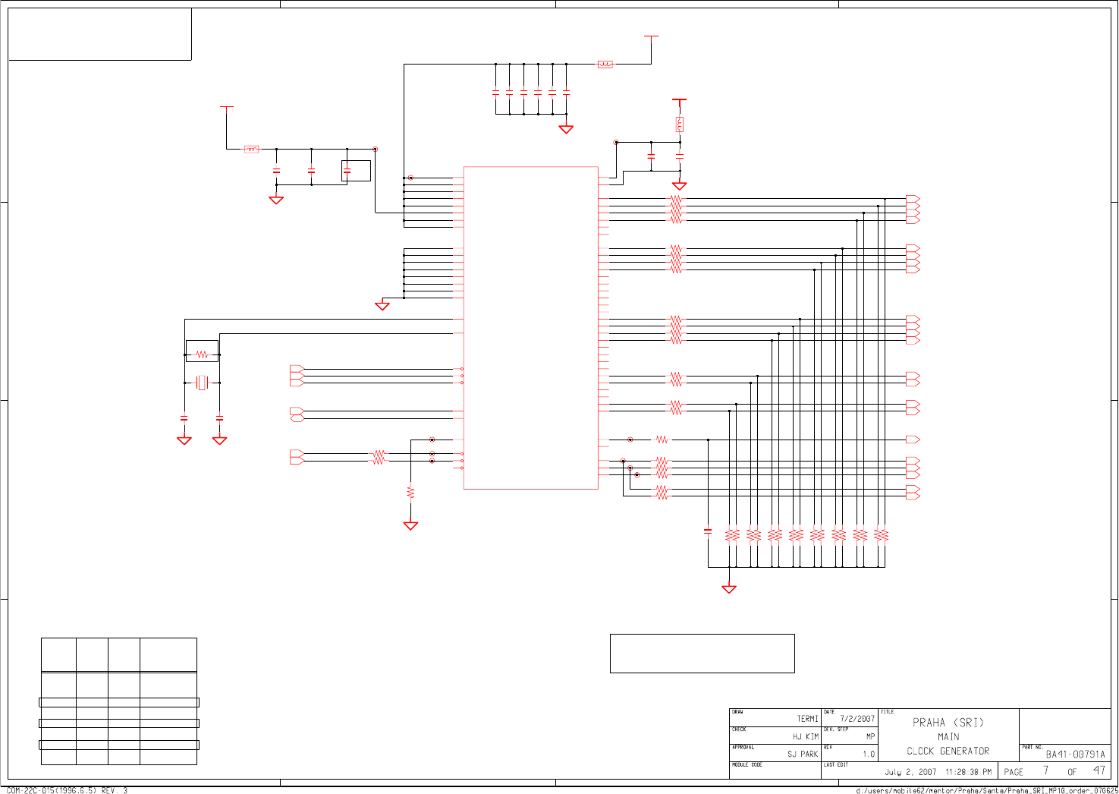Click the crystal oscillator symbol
pyautogui.click(x=202, y=383)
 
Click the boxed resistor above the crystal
pyautogui.click(x=202, y=354)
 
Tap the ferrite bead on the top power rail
pyautogui.click(x=605, y=65)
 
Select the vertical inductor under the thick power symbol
pyautogui.click(x=680, y=124)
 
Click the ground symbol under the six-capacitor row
pyautogui.click(x=566, y=129)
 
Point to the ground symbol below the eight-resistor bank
pyautogui.click(x=729, y=588)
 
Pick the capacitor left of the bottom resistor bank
pyautogui.click(x=708, y=532)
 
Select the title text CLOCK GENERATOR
pyautogui.click(x=948, y=751)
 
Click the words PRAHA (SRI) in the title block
pyautogui.click(x=948, y=723)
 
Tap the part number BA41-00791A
pyautogui.click(x=1075, y=755)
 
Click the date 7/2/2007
pyautogui.click(x=857, y=719)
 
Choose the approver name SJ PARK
pyautogui.click(x=803, y=755)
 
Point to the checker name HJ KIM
pyautogui.click(x=806, y=737)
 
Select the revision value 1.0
pyautogui.click(x=869, y=755)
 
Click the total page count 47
pyautogui.click(x=1099, y=770)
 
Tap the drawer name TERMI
pyautogui.click(x=807, y=719)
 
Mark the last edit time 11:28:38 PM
pyautogui.click(x=968, y=772)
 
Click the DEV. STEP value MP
pyautogui.click(x=870, y=736)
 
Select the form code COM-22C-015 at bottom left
pyautogui.click(x=67, y=791)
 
